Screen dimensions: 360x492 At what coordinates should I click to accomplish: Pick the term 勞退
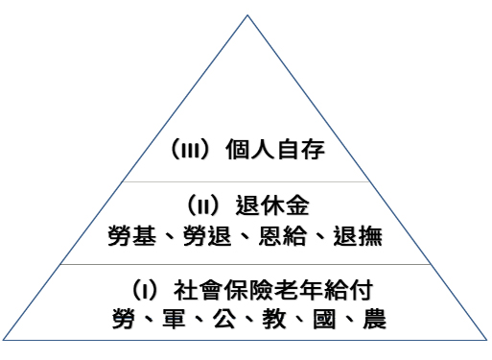click(204, 235)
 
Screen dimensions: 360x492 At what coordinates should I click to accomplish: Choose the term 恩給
click(280, 235)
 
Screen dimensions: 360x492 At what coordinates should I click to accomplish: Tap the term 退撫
click(356, 235)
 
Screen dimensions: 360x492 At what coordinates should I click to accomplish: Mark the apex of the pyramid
click(246, 15)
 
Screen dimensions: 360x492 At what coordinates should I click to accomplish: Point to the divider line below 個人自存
click(246, 180)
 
